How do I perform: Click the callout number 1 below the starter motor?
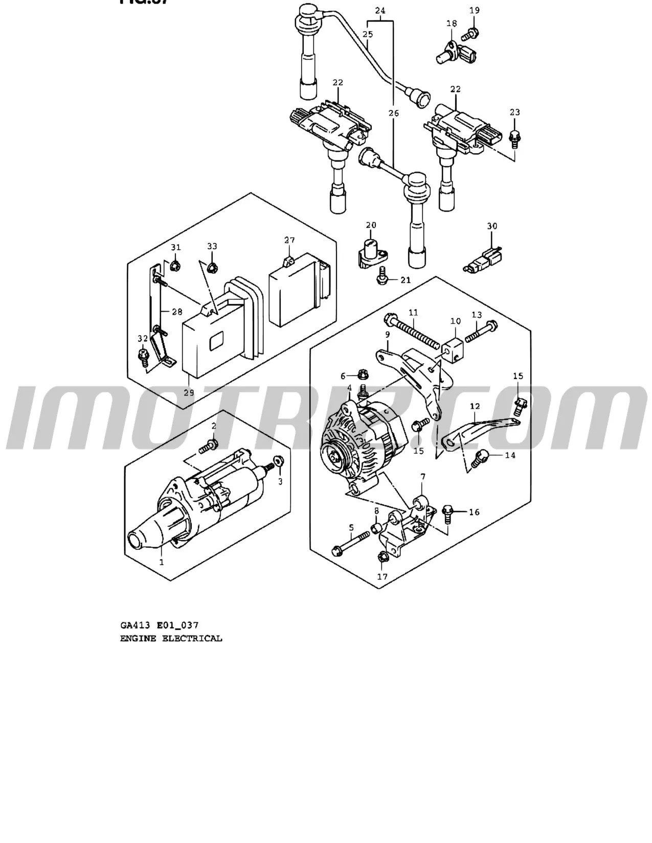click(x=162, y=562)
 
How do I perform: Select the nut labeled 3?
click(x=279, y=461)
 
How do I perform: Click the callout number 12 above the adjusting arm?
click(x=475, y=407)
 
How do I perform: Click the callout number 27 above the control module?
click(x=289, y=240)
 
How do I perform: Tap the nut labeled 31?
click(x=175, y=265)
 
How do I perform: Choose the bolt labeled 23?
click(x=514, y=136)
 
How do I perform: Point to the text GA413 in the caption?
click(x=134, y=625)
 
